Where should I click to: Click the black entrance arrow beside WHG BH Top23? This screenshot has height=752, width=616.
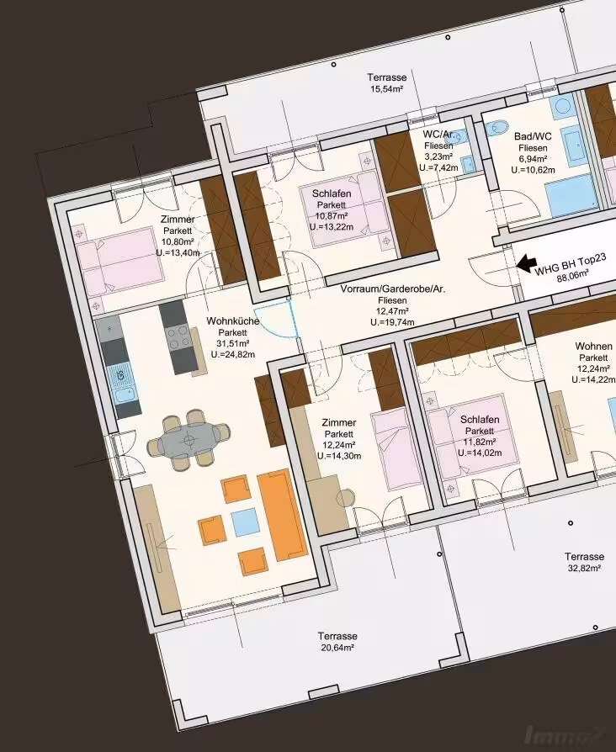(526, 262)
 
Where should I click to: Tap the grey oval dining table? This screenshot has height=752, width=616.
(188, 440)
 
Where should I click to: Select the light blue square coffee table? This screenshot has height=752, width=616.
(246, 522)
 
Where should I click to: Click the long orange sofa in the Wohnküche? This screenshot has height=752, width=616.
(282, 515)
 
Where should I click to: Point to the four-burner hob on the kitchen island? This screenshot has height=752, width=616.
(178, 336)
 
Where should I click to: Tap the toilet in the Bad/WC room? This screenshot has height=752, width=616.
(497, 129)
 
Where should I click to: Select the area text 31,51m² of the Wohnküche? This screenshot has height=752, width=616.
(232, 344)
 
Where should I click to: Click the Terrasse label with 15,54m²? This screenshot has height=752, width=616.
(386, 82)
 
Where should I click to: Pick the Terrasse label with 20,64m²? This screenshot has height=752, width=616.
(337, 642)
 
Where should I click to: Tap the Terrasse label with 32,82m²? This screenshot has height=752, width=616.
(584, 562)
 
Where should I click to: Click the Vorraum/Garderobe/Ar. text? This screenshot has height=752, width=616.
(393, 289)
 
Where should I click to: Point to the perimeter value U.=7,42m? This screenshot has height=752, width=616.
(438, 168)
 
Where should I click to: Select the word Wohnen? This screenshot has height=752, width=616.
(593, 347)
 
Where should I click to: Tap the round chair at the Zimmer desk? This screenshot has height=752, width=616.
(345, 497)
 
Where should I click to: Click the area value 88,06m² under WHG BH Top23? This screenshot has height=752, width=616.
(573, 276)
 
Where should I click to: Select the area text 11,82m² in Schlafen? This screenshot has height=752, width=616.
(480, 442)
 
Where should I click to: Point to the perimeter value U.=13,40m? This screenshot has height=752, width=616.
(178, 252)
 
